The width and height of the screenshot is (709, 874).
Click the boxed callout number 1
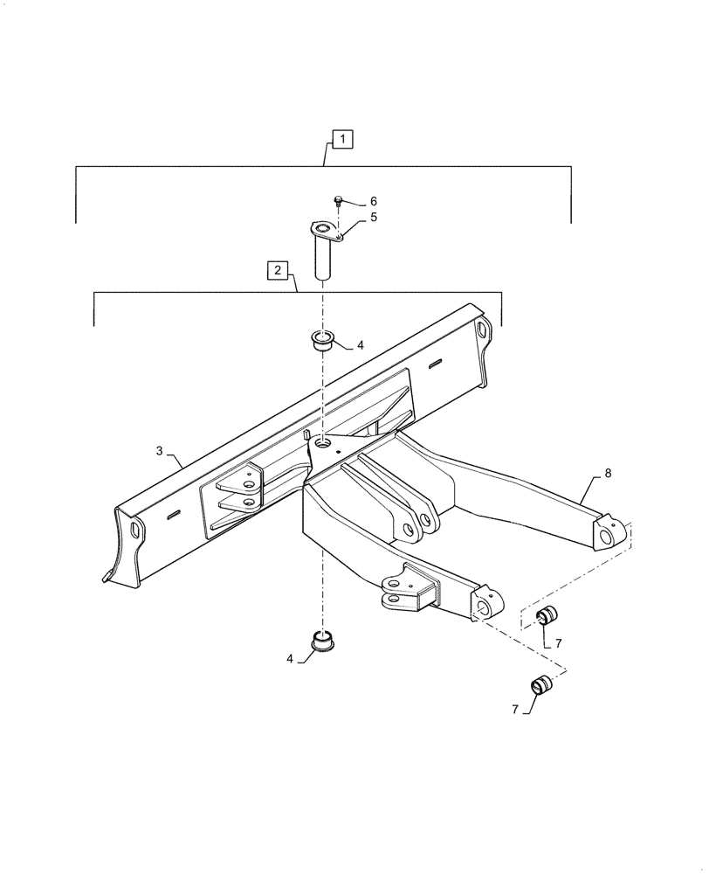point(343,138)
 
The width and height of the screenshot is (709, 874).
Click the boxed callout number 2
point(276,269)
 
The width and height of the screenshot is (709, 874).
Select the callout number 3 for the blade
point(160,450)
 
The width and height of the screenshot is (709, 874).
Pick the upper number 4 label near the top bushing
point(359,346)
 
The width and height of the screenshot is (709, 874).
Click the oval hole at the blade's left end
point(135,531)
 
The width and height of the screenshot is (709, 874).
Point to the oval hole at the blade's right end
point(481,329)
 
